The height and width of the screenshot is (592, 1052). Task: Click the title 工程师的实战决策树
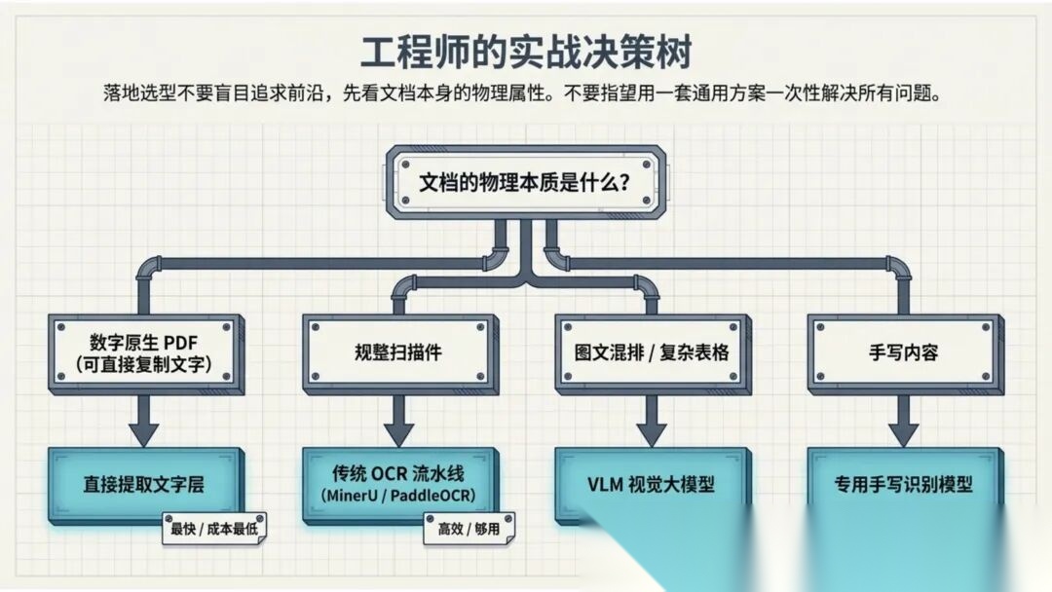click(526, 50)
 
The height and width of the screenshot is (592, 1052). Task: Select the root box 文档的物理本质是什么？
click(525, 182)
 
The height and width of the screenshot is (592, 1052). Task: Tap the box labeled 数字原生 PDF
click(144, 352)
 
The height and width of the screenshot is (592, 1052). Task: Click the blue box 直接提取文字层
click(144, 483)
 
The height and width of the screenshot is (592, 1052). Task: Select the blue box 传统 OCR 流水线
click(397, 484)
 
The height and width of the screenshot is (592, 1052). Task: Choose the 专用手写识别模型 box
click(903, 483)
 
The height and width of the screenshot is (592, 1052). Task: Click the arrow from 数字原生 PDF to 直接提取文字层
click(144, 421)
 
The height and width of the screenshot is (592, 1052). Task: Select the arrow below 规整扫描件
click(397, 421)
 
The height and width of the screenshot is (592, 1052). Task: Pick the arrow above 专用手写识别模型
click(903, 421)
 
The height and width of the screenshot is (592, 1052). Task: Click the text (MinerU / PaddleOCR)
click(397, 496)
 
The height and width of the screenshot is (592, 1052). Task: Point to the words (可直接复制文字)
click(144, 366)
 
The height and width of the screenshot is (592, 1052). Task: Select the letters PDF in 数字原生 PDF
click(181, 343)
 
